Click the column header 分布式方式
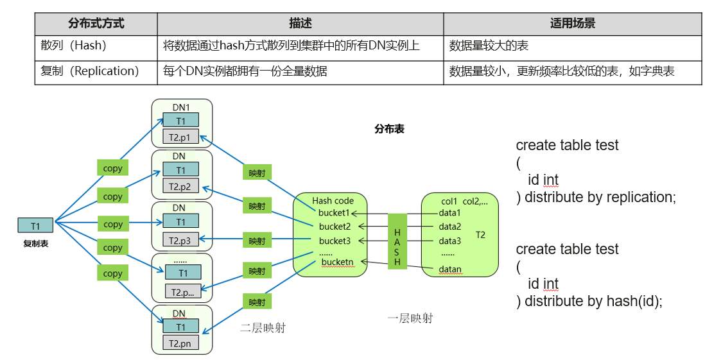96,23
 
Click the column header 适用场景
572,23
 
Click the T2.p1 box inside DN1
180,137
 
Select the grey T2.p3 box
180,241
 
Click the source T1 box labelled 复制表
35,226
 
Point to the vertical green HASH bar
397,241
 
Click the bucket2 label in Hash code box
335,227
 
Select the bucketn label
338,262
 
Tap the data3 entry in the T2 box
449,241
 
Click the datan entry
450,270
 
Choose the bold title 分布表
389,130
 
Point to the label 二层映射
263,328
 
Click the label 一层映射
410,319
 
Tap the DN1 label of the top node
181,107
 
